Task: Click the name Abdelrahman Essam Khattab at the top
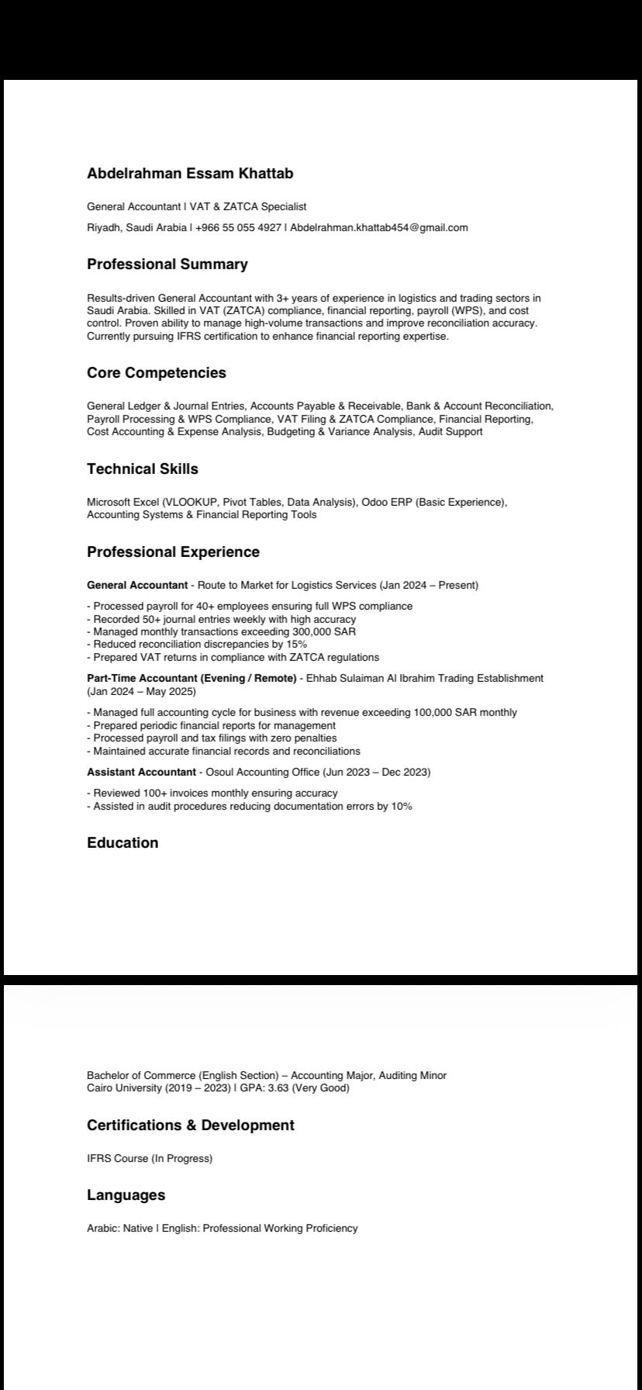coord(190,173)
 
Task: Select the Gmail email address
coord(379,227)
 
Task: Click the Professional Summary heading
coord(167,265)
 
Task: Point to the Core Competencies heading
coord(157,373)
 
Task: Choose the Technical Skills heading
coord(143,469)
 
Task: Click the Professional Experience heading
coord(173,552)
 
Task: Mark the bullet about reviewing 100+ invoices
coord(215,793)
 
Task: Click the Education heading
coord(123,843)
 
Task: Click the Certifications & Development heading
coord(190,1125)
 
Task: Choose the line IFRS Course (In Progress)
coord(150,1158)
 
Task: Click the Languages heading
coord(126,1195)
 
